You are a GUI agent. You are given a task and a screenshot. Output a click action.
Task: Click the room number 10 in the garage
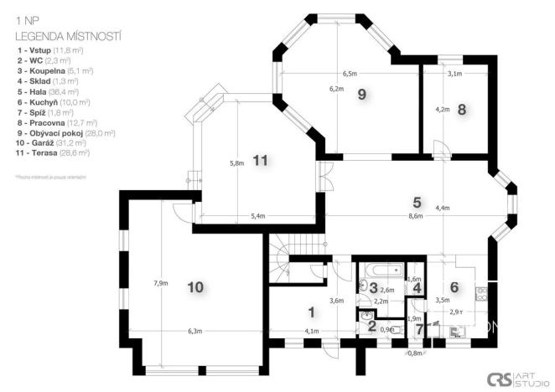195,287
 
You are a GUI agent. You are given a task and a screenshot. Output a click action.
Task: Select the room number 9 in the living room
361,94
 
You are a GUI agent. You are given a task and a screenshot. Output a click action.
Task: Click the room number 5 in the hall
417,202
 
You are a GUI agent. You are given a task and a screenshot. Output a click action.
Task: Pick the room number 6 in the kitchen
454,286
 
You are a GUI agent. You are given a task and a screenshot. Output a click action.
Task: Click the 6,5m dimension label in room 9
350,74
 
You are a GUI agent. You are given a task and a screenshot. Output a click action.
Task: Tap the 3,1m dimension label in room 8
454,74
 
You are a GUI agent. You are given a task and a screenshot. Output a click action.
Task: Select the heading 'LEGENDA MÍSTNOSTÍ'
68,37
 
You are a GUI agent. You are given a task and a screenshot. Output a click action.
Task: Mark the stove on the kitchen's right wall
481,293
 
